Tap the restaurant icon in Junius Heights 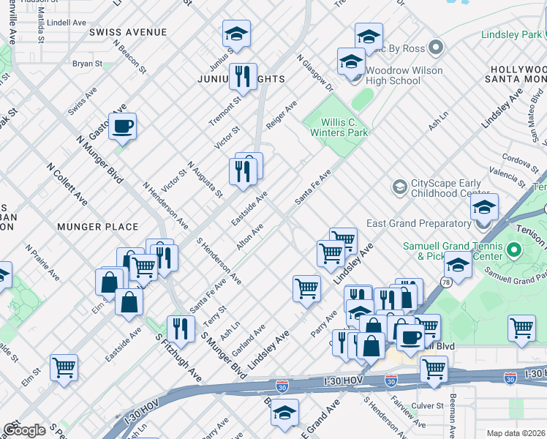pos(242,75)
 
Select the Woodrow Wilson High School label pos(404,76)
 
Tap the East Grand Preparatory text pos(429,223)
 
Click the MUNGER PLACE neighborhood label pos(98,227)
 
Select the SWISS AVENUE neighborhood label pos(128,32)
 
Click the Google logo pos(23,430)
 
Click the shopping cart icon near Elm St pos(64,367)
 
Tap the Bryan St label pos(87,64)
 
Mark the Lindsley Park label pos(511,34)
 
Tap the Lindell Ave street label pos(66,23)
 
